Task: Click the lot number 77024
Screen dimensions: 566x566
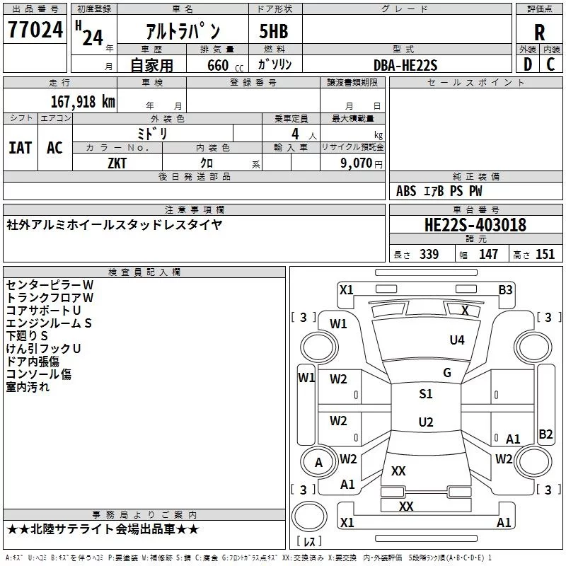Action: (x=35, y=30)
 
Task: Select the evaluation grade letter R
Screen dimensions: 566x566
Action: (x=539, y=33)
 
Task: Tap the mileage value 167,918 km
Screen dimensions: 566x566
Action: (x=83, y=102)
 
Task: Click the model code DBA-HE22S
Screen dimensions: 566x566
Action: (x=405, y=65)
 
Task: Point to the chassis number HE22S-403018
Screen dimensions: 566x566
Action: (x=475, y=225)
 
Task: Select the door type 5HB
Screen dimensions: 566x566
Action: (x=274, y=31)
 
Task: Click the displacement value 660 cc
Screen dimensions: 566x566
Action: (x=225, y=66)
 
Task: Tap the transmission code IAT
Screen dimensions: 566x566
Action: (x=21, y=148)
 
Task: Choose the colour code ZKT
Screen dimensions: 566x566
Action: (x=117, y=163)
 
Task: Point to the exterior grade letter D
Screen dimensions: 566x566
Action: (x=528, y=64)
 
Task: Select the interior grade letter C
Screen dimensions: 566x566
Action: (x=550, y=64)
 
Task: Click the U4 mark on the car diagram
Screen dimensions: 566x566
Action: (x=456, y=340)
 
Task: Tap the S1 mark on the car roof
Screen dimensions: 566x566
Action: (x=426, y=393)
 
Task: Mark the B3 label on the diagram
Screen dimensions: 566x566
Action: (x=505, y=290)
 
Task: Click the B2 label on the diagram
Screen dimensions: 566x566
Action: (x=545, y=434)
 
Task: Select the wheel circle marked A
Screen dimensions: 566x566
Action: (x=318, y=462)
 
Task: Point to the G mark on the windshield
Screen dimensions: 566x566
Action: (x=447, y=373)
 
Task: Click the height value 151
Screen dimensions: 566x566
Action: (x=545, y=254)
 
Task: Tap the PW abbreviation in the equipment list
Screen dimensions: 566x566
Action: (x=475, y=191)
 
